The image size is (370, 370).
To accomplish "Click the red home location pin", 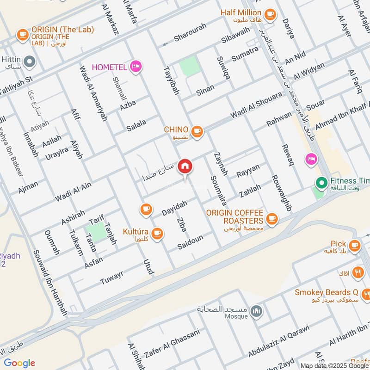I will click(185, 165).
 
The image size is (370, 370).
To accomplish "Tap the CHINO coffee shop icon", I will click(197, 131).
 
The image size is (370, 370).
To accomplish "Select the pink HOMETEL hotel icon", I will click(136, 67).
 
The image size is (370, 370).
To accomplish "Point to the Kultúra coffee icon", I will click(157, 233).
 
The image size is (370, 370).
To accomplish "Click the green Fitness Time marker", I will click(321, 183).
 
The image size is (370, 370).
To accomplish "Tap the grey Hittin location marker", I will click(30, 61).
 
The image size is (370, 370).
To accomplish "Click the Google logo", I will click(19, 362).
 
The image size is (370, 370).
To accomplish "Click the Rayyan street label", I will click(248, 171).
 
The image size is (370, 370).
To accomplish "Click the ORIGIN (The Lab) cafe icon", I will click(22, 34).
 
